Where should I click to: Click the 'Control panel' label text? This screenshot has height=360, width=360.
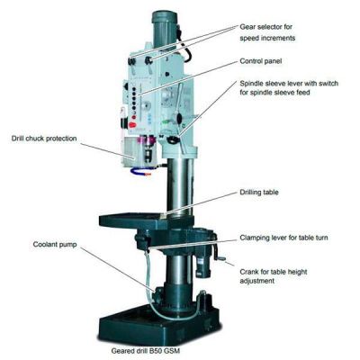pyautogui.click(x=263, y=63)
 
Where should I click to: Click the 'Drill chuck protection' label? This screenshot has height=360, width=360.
pyautogui.click(x=45, y=138)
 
